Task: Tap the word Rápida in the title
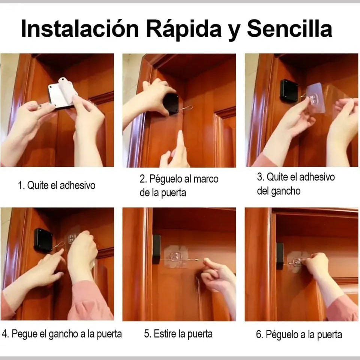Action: [x=184, y=29]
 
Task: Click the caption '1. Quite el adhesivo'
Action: [x=57, y=185]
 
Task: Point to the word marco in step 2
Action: [x=206, y=179]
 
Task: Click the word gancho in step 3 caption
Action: [x=286, y=191]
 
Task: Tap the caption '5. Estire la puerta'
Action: [x=178, y=334]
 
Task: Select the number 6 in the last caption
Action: [x=259, y=334]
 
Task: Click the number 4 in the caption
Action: [x=5, y=334]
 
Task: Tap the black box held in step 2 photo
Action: [x=171, y=103]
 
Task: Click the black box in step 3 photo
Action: [x=289, y=90]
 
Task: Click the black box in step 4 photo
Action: [x=43, y=240]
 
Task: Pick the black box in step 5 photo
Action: [x=156, y=249]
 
